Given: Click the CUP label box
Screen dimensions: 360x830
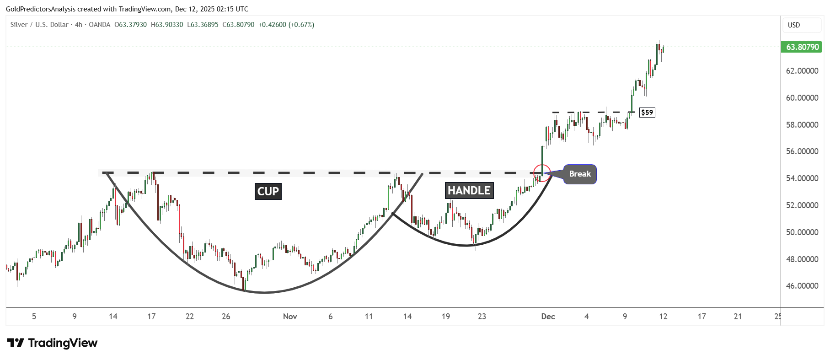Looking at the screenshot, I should pyautogui.click(x=268, y=191).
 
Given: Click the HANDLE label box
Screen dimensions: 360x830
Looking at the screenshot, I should pyautogui.click(x=469, y=190).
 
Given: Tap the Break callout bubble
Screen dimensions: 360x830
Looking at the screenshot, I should pyautogui.click(x=579, y=174).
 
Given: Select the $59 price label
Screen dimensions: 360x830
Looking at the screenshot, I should pyautogui.click(x=647, y=112).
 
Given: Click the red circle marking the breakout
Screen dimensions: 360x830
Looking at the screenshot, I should pyautogui.click(x=542, y=173).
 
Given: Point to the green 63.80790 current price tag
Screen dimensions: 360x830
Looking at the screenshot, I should pyautogui.click(x=802, y=47).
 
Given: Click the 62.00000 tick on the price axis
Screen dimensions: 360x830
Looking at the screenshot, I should pyautogui.click(x=802, y=71).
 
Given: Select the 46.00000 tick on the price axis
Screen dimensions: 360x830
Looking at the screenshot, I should pyautogui.click(x=802, y=286).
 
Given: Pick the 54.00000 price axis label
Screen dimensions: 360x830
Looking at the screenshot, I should pyautogui.click(x=802, y=178).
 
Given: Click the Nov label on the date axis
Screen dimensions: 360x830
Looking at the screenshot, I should pyautogui.click(x=290, y=317).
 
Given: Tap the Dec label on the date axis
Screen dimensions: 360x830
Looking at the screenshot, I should pyautogui.click(x=548, y=317).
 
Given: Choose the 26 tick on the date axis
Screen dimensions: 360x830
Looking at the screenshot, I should pyautogui.click(x=226, y=317).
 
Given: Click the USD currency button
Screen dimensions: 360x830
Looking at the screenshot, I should pyautogui.click(x=794, y=25).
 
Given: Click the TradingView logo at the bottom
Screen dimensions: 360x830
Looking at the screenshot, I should pyautogui.click(x=53, y=343).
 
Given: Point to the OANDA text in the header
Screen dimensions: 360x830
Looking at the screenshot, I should pyautogui.click(x=99, y=25).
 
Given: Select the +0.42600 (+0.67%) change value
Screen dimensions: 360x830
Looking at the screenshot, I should pyautogui.click(x=286, y=25).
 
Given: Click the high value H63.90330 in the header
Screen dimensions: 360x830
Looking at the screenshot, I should pyautogui.click(x=167, y=25).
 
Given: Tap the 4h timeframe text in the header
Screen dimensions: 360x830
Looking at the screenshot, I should pyautogui.click(x=79, y=25).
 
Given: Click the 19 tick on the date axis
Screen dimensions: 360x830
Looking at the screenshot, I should pyautogui.click(x=446, y=317).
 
